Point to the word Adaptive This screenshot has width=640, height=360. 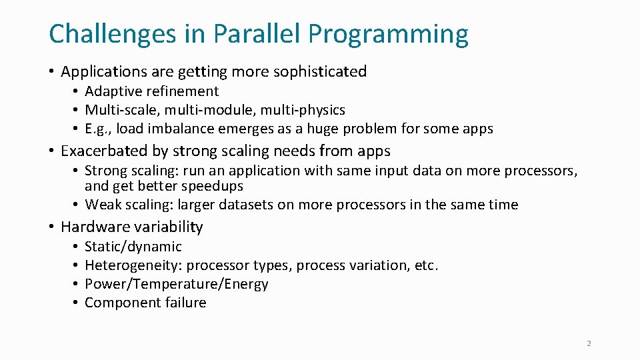(110, 91)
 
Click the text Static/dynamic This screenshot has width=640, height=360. (133, 247)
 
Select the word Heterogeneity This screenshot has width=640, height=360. (133, 265)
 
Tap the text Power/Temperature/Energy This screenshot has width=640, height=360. (176, 284)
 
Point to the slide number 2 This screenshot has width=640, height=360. (589, 343)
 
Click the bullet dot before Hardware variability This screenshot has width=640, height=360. (51, 227)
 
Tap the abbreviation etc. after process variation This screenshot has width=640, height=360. (426, 265)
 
